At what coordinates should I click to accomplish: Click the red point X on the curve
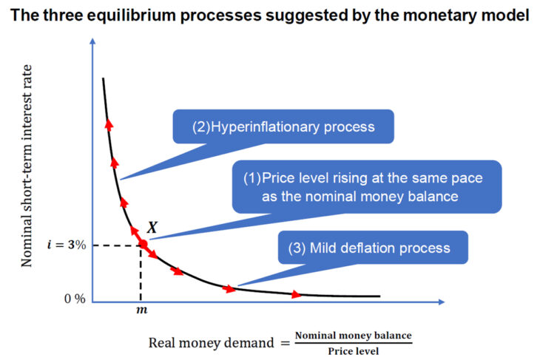(x=142, y=244)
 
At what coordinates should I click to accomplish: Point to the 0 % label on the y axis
(x=74, y=299)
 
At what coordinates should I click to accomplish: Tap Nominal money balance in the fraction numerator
(x=353, y=336)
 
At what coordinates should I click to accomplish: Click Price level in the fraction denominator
(x=353, y=350)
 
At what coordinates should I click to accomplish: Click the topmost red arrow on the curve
(x=109, y=124)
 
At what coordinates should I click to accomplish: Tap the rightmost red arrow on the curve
(x=296, y=294)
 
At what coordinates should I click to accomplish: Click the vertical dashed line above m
(x=141, y=274)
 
